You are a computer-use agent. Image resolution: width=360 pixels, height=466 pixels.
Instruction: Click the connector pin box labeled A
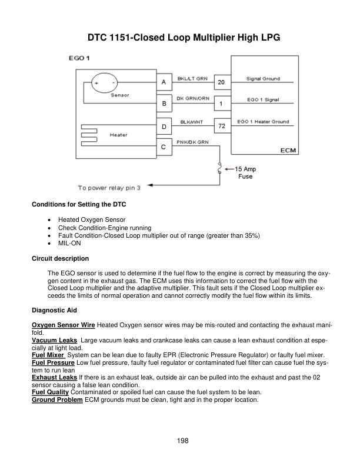(164, 82)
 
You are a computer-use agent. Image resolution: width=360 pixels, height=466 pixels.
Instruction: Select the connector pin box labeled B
(164, 104)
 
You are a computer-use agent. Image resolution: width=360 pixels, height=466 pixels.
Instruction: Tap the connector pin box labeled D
(164, 127)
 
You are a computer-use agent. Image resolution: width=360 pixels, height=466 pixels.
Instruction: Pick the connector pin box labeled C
(164, 147)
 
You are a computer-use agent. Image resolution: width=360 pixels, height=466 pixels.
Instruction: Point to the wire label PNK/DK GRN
(193, 142)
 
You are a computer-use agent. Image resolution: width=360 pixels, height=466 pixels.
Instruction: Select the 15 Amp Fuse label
(245, 172)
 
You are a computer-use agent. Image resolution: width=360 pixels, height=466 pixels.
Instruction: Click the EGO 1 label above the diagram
(79, 58)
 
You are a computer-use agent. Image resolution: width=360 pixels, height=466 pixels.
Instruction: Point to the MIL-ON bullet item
(69, 243)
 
